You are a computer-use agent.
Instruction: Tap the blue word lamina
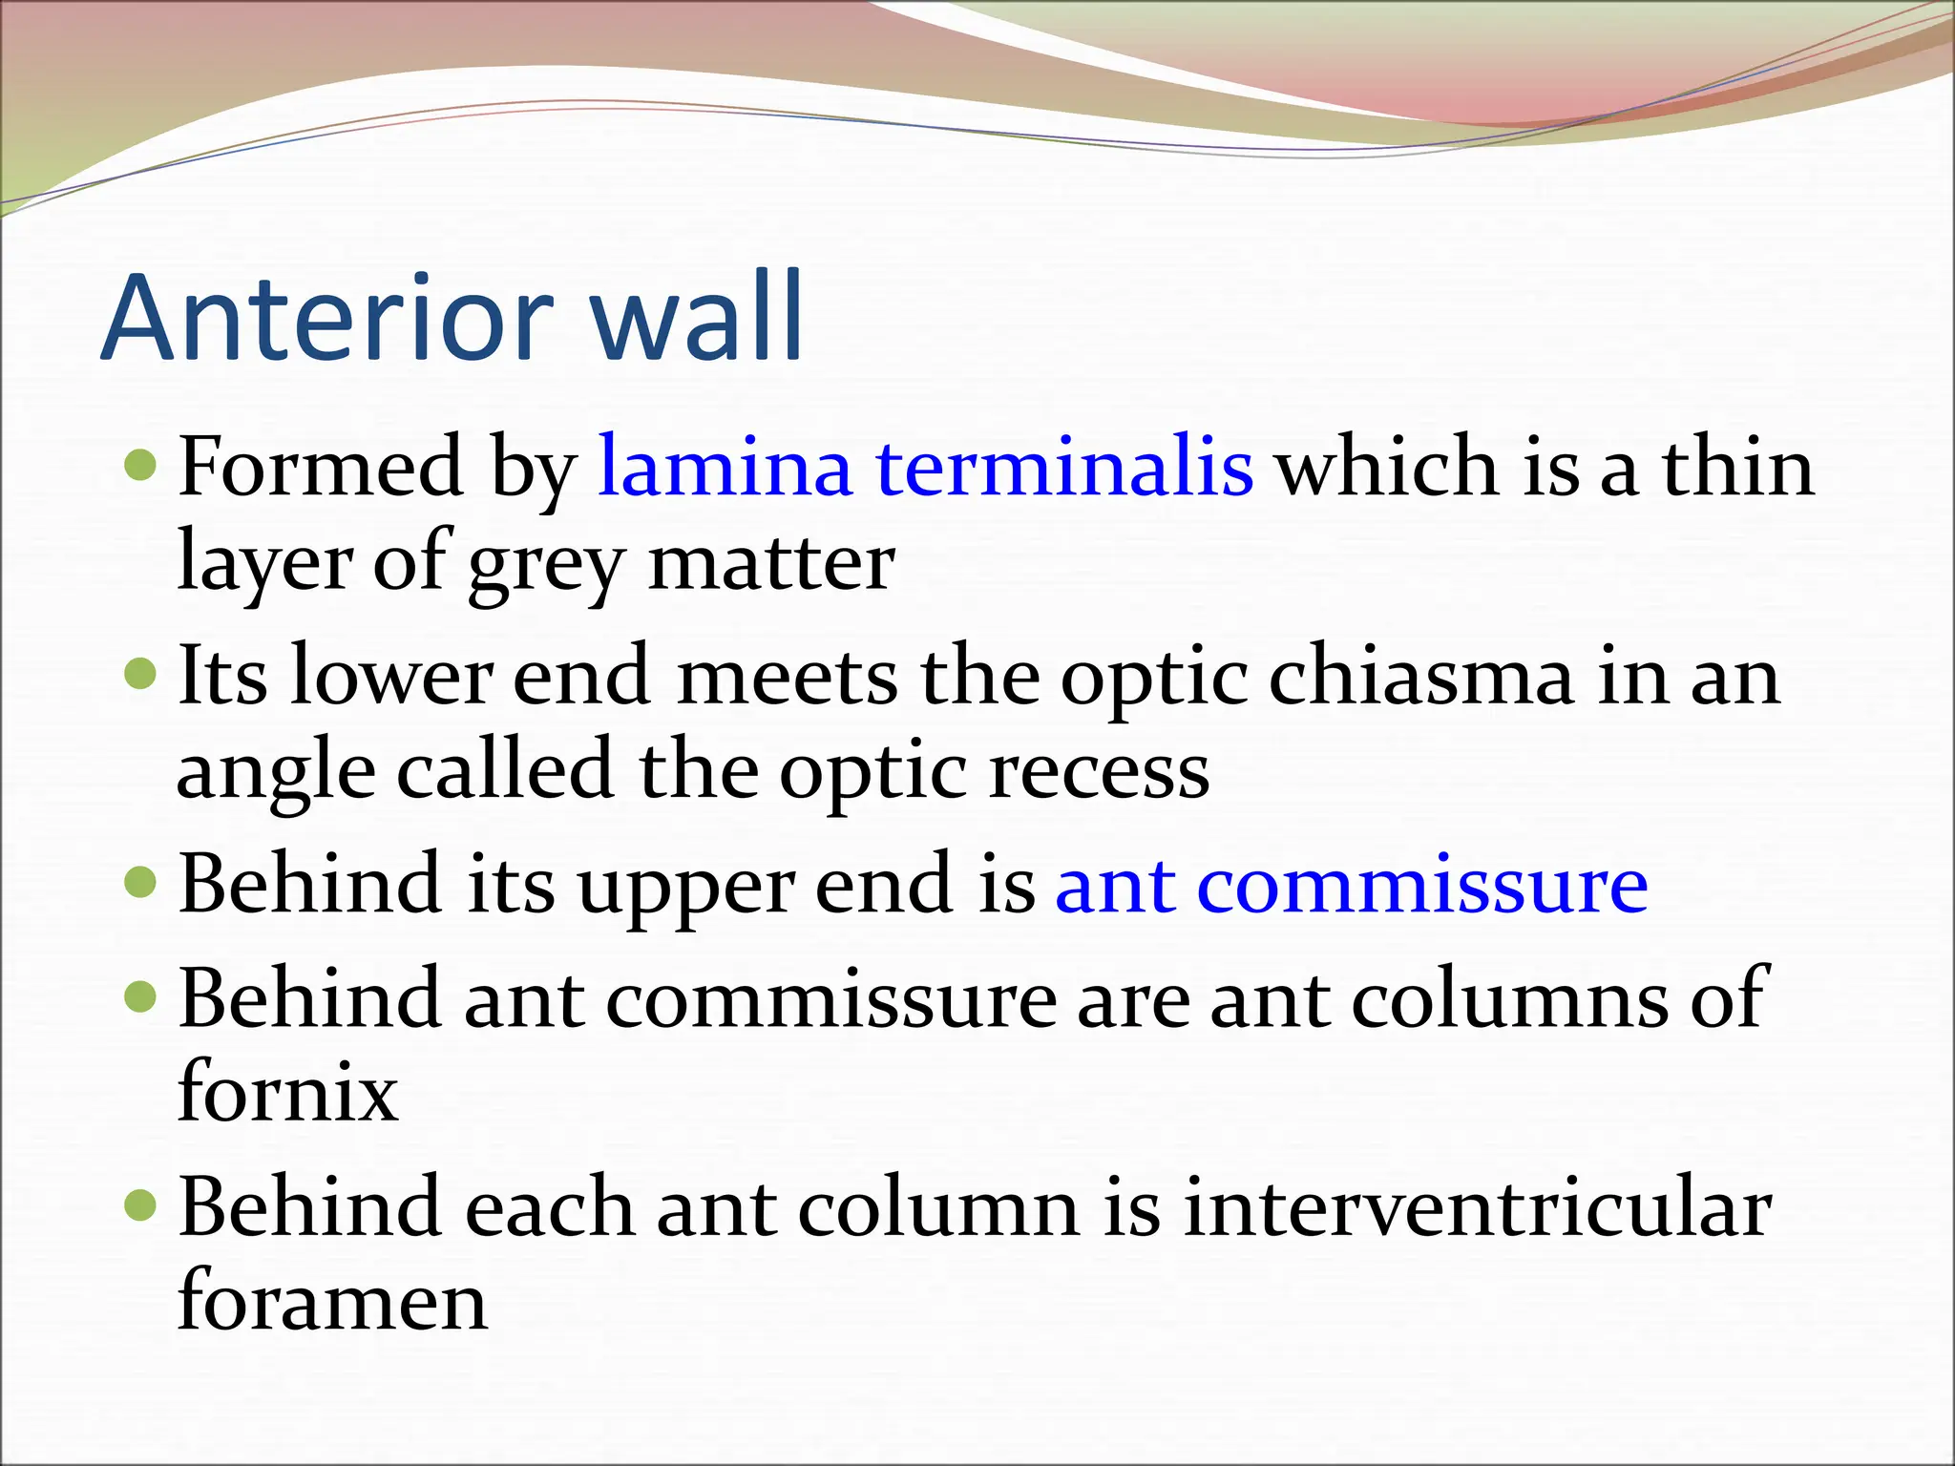click(x=724, y=468)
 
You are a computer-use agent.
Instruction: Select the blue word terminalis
click(x=1064, y=468)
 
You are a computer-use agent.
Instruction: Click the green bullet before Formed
click(x=140, y=466)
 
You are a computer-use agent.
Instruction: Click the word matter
click(x=771, y=563)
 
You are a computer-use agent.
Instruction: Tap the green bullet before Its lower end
click(x=140, y=675)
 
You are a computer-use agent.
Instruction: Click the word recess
click(x=1099, y=771)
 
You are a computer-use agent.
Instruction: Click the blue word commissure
click(x=1421, y=886)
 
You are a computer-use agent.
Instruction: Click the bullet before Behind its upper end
click(x=140, y=883)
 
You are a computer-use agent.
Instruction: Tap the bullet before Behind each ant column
click(x=140, y=1205)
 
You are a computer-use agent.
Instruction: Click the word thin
click(x=1737, y=468)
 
